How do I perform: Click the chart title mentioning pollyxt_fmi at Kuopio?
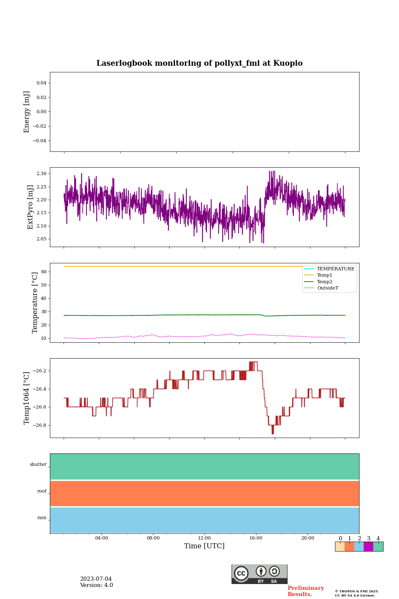(199, 63)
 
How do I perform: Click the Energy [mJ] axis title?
(27, 112)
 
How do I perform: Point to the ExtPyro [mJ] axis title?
(30, 207)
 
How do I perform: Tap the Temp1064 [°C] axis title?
(27, 398)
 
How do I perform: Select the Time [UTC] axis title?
(204, 546)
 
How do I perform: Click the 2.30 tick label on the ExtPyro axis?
(42, 173)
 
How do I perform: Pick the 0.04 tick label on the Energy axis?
(41, 83)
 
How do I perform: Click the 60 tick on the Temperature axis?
(44, 272)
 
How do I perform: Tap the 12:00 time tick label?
(204, 538)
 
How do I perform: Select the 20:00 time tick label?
(308, 538)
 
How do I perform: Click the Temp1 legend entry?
(325, 275)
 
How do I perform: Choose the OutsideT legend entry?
(328, 288)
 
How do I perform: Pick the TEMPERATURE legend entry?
(335, 269)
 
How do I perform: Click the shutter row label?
(38, 465)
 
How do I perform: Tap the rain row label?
(42, 518)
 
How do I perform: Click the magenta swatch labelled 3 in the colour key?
(368, 547)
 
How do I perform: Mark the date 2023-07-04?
(96, 579)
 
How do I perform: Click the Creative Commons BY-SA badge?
(259, 574)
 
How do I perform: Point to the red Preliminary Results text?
(305, 591)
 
